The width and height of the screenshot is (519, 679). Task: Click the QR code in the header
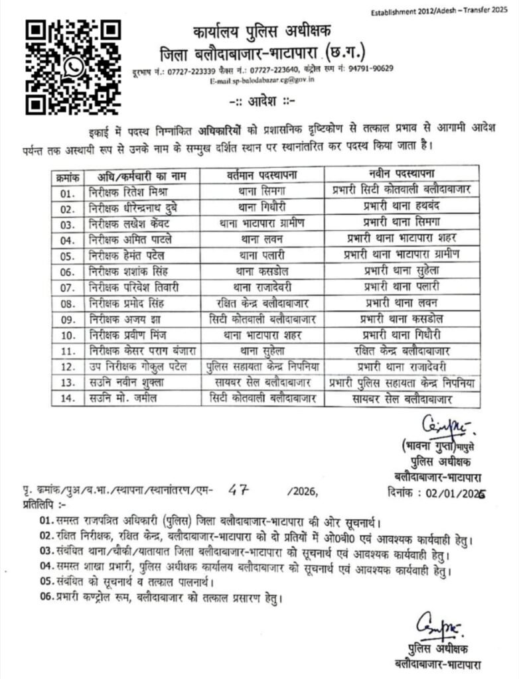click(x=74, y=67)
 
